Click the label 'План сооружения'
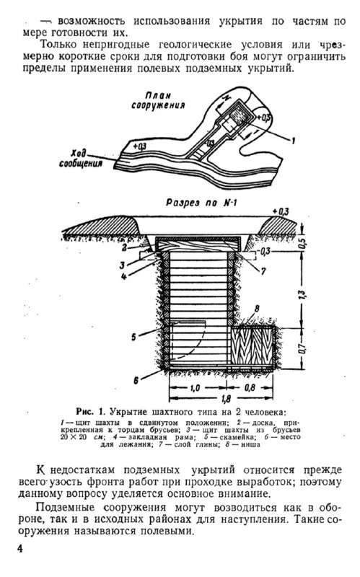coord(158,100)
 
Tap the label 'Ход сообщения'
coord(81,158)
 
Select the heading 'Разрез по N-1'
coord(201,203)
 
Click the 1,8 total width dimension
coord(227,398)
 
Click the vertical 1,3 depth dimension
coord(303,294)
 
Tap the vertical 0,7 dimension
coord(302,348)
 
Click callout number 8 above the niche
coord(257,309)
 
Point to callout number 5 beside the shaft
coord(133,336)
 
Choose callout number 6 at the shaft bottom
coord(136,381)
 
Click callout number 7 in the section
coord(263,272)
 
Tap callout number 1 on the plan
coord(294,141)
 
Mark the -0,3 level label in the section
coord(264,251)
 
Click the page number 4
coord(19,549)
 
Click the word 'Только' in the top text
coord(58,45)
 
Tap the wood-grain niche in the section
coord(253,346)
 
